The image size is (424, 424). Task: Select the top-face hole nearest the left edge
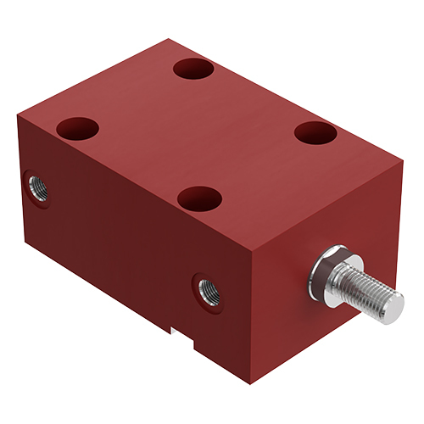click(78, 129)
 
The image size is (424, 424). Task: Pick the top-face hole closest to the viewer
click(200, 199)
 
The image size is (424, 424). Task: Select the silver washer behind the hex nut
click(319, 273)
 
